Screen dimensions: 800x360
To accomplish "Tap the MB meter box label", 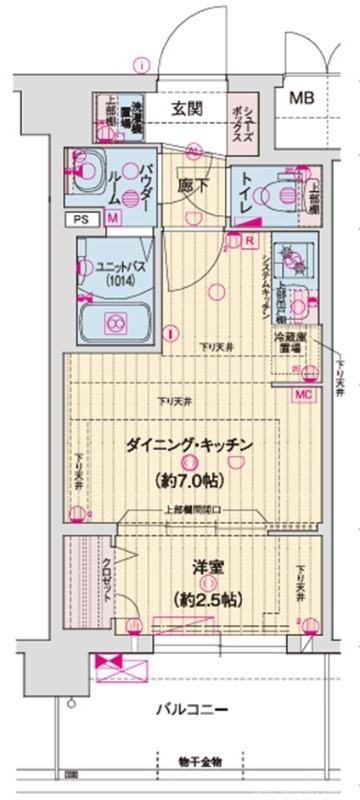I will click(x=300, y=98).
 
